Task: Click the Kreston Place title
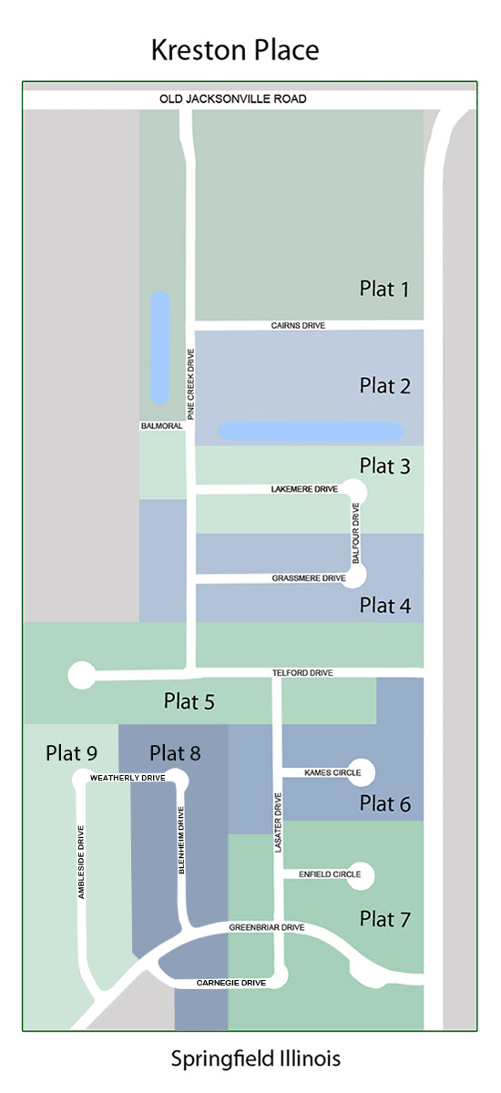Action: coord(235,50)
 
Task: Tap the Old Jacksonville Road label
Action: coord(233,99)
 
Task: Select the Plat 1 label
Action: coord(384,289)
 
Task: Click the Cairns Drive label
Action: coord(298,325)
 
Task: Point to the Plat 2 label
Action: coord(385,385)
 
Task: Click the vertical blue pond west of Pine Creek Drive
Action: coord(160,347)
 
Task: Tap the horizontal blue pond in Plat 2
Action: coord(311,432)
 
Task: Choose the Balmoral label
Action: coord(162,426)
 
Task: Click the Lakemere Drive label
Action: coord(304,489)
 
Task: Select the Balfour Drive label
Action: coord(355,534)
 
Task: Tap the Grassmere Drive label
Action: coord(309,578)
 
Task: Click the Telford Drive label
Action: coord(302,673)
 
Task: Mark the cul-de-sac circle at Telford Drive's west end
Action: coord(81,675)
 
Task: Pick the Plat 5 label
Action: coord(189,701)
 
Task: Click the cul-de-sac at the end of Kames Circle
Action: coord(361,772)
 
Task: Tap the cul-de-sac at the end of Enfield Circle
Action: coord(361,876)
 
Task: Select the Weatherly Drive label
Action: coord(128,778)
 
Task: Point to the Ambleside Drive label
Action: coord(81,862)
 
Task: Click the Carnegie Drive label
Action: coord(231,983)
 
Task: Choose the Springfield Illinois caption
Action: coord(256,1058)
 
